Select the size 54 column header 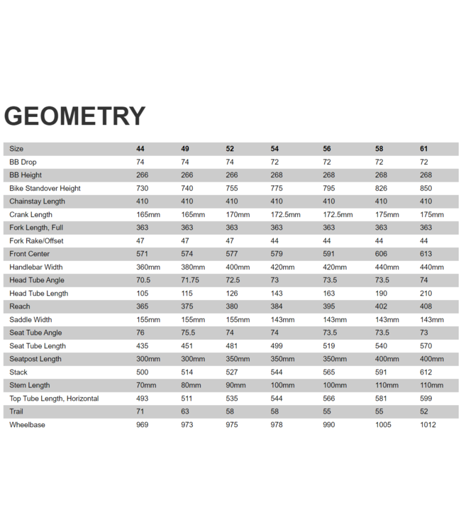[274, 149]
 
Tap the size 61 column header [424, 149]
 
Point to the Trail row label [16, 411]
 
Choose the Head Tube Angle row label [37, 280]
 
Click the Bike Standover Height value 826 [381, 188]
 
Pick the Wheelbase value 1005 [383, 425]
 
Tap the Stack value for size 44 [142, 372]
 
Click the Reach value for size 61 [426, 306]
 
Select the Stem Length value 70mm [146, 385]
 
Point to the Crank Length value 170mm [238, 214]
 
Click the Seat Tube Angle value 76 [140, 333]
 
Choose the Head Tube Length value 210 [426, 294]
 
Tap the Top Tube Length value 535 [232, 399]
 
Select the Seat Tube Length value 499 [277, 346]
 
